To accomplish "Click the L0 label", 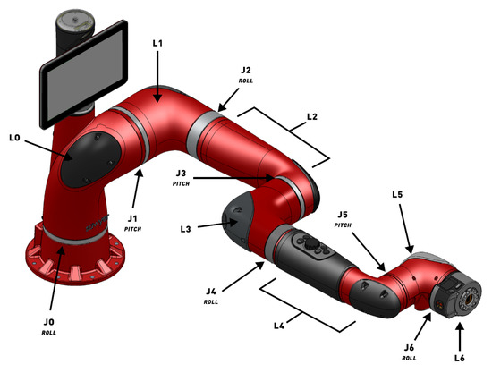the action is click(x=14, y=138).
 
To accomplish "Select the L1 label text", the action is click(x=157, y=43).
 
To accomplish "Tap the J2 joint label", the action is click(x=246, y=70).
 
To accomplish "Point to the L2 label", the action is click(x=312, y=116).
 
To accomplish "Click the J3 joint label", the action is click(x=181, y=174).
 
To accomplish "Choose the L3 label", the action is click(x=185, y=229).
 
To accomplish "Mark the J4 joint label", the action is click(x=211, y=292).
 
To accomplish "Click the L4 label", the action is click(x=279, y=326).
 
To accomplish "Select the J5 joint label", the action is click(x=343, y=215).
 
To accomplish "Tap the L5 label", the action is click(x=397, y=194).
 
